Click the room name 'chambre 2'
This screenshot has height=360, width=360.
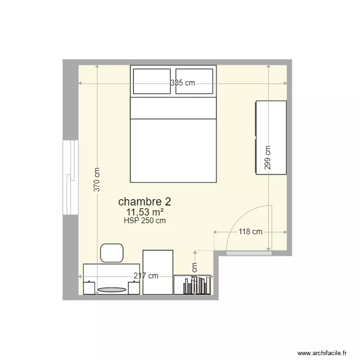(144, 201)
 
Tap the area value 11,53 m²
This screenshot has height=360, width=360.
(144, 212)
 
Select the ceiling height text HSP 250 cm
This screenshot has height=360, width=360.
(144, 221)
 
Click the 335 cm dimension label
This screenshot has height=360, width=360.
(183, 83)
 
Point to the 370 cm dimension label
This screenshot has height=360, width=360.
(96, 180)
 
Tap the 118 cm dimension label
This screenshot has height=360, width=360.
(251, 232)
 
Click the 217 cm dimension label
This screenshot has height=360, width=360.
(146, 276)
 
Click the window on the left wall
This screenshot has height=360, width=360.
(71, 178)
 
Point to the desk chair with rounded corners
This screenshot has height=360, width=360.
(112, 253)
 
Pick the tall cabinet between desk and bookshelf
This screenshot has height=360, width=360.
(158, 272)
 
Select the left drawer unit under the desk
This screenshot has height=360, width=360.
(89, 288)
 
